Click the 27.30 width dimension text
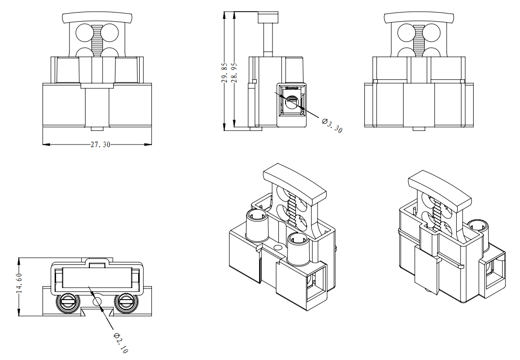100,144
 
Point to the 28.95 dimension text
234,72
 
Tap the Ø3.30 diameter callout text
332,125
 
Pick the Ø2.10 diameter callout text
121,343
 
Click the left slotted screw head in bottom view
67,303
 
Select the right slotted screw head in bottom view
127,303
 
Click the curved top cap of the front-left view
97,18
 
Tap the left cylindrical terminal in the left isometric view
257,225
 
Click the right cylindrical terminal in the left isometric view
298,249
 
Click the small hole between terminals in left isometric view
277,248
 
